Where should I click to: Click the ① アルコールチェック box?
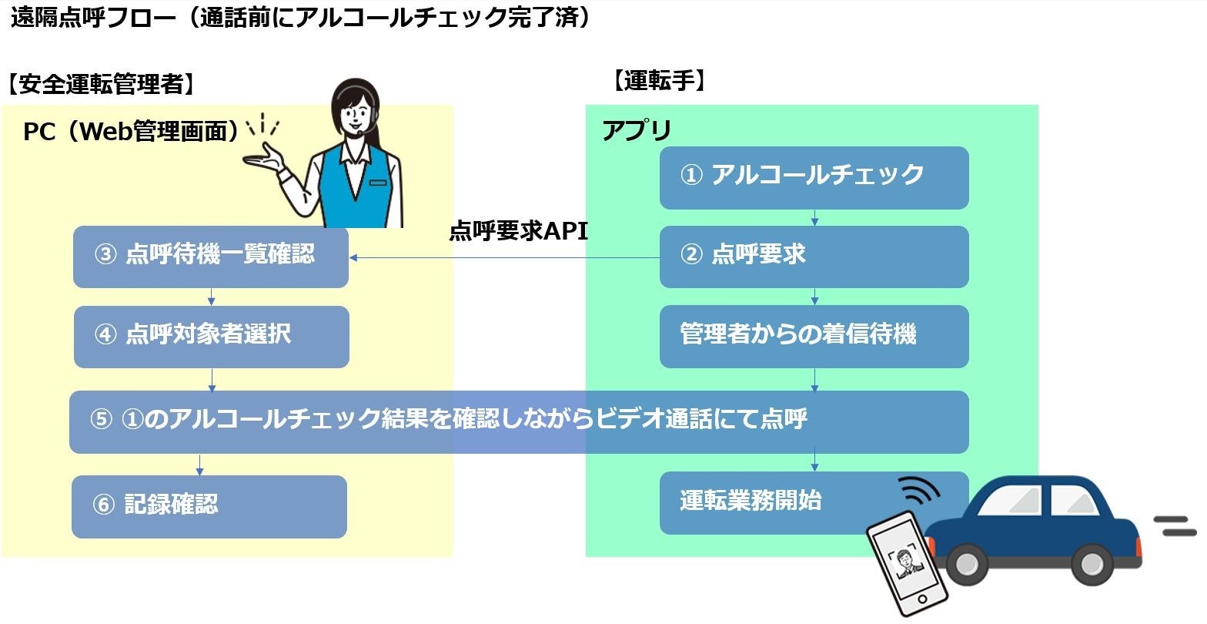pos(814,177)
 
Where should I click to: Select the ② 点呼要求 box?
pos(814,256)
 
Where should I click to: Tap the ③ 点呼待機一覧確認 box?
pos(210,257)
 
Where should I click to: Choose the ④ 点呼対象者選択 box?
pos(211,337)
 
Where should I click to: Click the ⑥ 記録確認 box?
pos(209,506)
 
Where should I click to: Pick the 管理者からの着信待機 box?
pos(814,336)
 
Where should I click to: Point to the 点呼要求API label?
pos(518,231)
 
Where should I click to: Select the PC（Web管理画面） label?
pos(131,132)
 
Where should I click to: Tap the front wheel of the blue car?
pos(1092,565)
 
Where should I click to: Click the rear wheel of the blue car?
pos(967,565)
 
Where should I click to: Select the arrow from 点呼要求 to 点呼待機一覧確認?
pos(504,257)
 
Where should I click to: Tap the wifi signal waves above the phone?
pos(921,491)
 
